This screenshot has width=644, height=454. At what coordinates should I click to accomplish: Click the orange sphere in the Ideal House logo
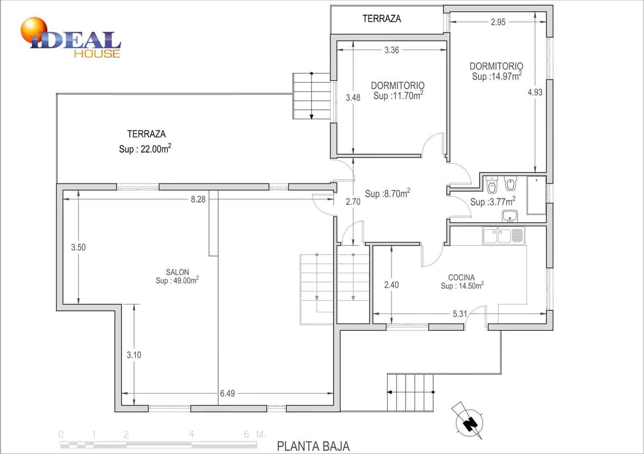(x=34, y=30)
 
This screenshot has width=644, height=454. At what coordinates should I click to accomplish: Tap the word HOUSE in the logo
(x=97, y=54)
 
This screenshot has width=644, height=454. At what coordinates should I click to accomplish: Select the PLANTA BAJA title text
(x=313, y=446)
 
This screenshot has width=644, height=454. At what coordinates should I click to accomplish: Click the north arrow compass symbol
(x=469, y=421)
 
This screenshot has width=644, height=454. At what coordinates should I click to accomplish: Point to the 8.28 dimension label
(x=198, y=199)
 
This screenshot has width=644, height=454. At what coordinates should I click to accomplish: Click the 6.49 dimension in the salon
(x=227, y=393)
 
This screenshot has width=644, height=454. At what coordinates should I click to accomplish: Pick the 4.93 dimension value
(x=535, y=92)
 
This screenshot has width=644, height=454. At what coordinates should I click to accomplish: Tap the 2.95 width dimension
(x=498, y=22)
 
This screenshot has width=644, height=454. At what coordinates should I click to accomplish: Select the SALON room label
(x=178, y=272)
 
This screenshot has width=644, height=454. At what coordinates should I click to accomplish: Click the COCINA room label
(x=461, y=278)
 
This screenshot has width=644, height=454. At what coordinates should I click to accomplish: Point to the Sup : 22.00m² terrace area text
(x=145, y=149)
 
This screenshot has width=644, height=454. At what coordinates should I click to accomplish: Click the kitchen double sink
(x=504, y=236)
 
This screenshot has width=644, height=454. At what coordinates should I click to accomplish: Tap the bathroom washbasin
(x=510, y=216)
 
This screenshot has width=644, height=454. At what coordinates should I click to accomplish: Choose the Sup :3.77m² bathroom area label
(x=493, y=201)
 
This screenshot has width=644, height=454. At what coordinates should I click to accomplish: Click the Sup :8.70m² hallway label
(x=388, y=193)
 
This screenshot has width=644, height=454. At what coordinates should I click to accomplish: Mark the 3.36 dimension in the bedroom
(x=392, y=50)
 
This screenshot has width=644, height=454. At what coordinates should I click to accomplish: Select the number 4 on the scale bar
(x=192, y=434)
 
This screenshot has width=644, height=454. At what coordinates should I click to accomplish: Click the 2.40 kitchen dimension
(x=392, y=285)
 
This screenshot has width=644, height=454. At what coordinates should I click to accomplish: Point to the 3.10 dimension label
(x=134, y=355)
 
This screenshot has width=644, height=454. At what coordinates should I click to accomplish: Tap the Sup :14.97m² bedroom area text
(x=497, y=76)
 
